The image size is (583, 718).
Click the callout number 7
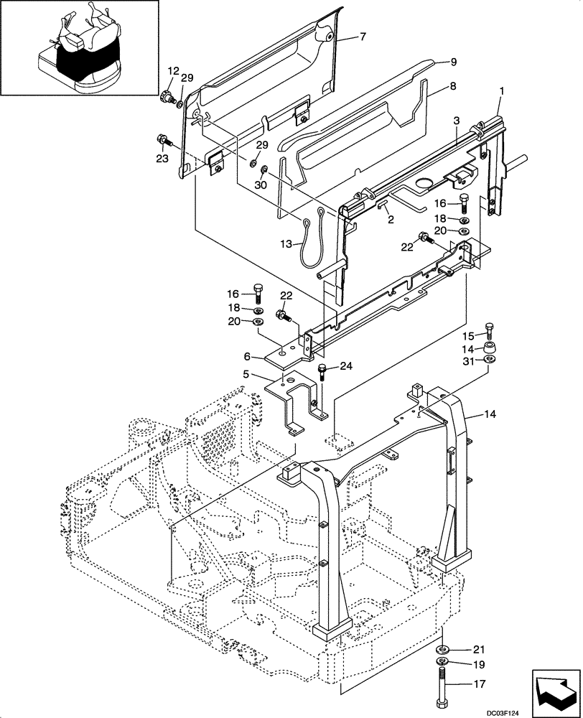click(x=363, y=37)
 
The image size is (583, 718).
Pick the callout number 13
click(x=286, y=245)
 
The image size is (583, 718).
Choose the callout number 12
click(x=172, y=70)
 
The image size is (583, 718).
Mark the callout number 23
click(x=162, y=159)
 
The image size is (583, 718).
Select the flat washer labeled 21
click(x=443, y=646)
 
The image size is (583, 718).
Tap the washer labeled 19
click(x=443, y=661)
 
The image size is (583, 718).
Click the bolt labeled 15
click(x=490, y=330)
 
